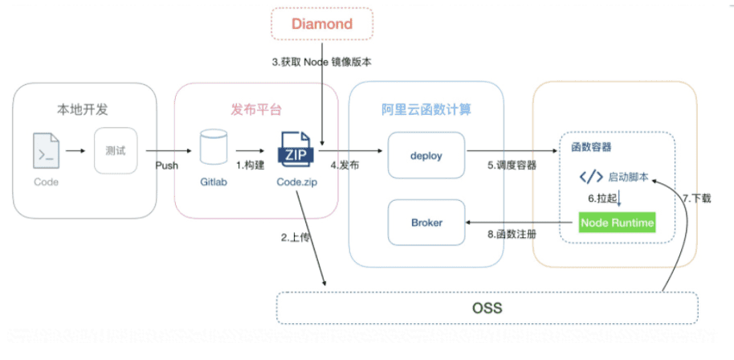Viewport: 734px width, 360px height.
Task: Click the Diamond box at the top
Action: click(321, 24)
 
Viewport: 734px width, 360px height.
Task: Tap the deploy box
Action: click(426, 156)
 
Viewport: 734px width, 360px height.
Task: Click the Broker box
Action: click(426, 222)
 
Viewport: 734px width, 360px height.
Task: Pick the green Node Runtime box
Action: click(617, 223)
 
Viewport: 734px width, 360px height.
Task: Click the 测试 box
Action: click(116, 150)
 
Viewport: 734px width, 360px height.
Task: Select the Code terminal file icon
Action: click(46, 150)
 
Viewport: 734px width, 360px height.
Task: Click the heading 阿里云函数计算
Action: click(426, 108)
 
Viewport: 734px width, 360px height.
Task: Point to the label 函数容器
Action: click(591, 147)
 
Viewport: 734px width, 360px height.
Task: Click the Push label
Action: click(166, 166)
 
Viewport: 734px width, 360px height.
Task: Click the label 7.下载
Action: click(696, 198)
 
